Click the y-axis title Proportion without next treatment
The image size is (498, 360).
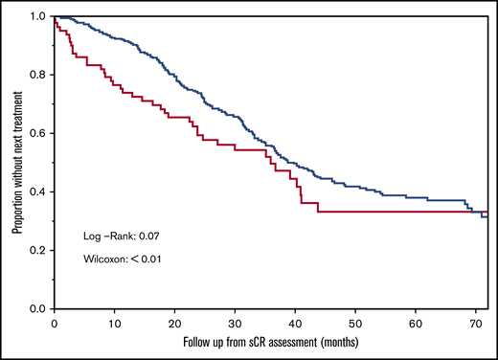(16, 162)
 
